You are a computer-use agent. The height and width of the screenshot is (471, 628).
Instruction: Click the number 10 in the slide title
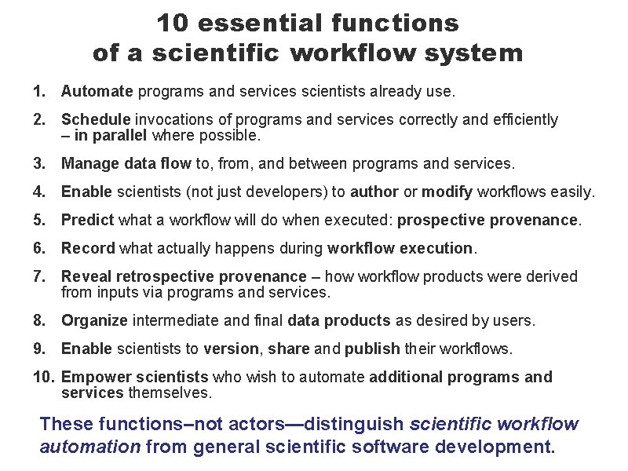pyautogui.click(x=173, y=23)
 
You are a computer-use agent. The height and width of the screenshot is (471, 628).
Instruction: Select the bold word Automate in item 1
pyautogui.click(x=97, y=91)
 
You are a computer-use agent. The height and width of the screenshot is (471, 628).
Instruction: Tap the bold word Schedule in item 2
pyautogui.click(x=96, y=119)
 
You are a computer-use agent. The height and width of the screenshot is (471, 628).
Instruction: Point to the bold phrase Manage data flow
pyautogui.click(x=126, y=163)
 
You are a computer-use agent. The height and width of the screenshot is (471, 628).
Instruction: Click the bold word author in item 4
pyautogui.click(x=374, y=192)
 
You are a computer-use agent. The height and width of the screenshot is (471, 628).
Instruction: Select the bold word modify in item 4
pyautogui.click(x=445, y=192)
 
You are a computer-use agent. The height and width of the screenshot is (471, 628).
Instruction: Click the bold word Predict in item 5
pyautogui.click(x=87, y=220)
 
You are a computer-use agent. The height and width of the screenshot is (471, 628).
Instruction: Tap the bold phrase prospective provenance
pyautogui.click(x=487, y=220)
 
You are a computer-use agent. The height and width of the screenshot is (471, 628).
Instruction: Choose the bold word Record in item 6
pyautogui.click(x=88, y=248)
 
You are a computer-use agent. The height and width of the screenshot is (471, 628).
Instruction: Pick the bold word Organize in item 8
pyautogui.click(x=95, y=320)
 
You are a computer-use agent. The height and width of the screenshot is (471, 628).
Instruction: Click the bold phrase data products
pyautogui.click(x=339, y=320)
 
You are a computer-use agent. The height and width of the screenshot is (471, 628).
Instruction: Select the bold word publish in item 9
pyautogui.click(x=372, y=349)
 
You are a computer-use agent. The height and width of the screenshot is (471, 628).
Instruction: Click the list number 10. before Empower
pyautogui.click(x=44, y=377)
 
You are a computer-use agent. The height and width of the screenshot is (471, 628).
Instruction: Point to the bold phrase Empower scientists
pyautogui.click(x=134, y=377)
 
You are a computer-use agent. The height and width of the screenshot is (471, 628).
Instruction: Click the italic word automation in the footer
pyautogui.click(x=89, y=448)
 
